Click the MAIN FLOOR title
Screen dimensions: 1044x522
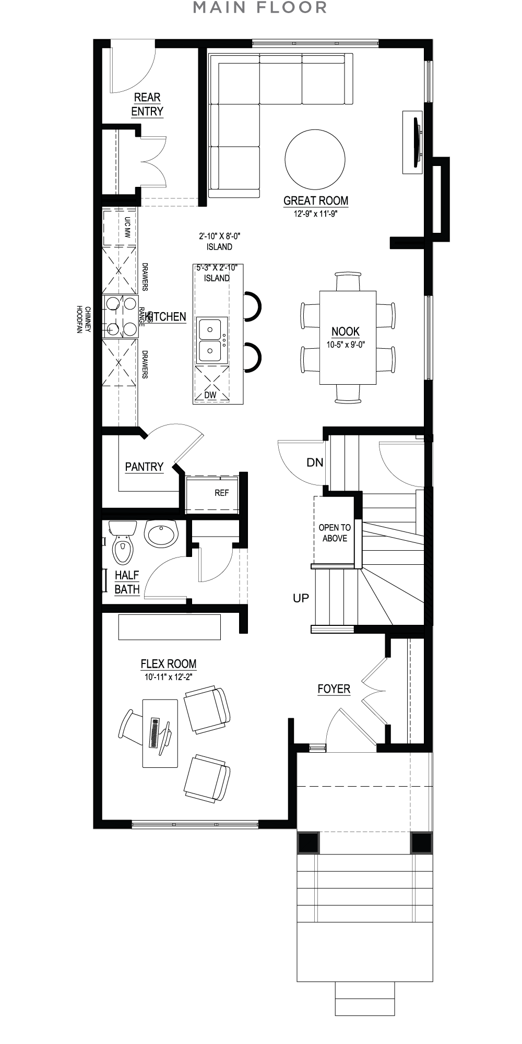260,8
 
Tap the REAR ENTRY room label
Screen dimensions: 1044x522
147,104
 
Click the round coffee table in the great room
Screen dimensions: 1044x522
315,160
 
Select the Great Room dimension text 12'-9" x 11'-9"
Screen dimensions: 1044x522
316,213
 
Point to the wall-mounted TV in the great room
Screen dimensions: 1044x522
418,142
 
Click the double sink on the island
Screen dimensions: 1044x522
211,340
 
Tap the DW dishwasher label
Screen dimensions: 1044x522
210,395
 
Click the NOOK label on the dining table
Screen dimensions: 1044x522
346,331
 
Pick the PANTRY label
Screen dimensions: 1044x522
144,467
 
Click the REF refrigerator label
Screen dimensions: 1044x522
221,493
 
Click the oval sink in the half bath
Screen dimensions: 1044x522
161,533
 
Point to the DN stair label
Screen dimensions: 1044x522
315,462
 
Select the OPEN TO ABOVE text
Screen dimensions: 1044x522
335,533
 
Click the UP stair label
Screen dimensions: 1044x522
301,598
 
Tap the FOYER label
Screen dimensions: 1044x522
334,689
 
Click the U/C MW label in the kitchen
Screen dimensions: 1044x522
127,228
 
